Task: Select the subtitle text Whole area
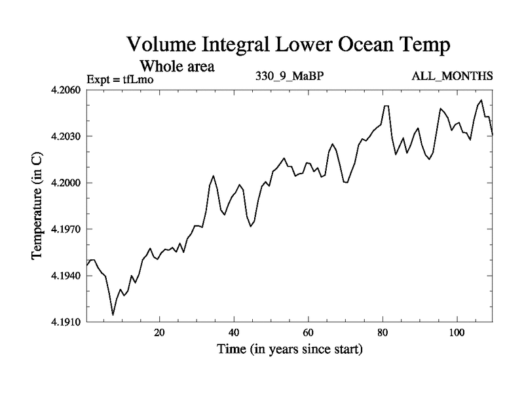[176, 66]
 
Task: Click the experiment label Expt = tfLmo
[119, 80]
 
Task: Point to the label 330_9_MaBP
[290, 77]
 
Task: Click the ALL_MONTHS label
[452, 77]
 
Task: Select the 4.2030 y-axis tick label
[66, 136]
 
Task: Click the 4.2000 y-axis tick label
[66, 183]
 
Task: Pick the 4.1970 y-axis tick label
[66, 229]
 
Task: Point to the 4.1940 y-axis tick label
[66, 276]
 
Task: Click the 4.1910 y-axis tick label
[66, 322]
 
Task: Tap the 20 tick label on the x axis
[159, 332]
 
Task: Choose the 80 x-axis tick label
[382, 332]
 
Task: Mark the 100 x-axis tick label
[456, 332]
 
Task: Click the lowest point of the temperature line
[113, 315]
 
